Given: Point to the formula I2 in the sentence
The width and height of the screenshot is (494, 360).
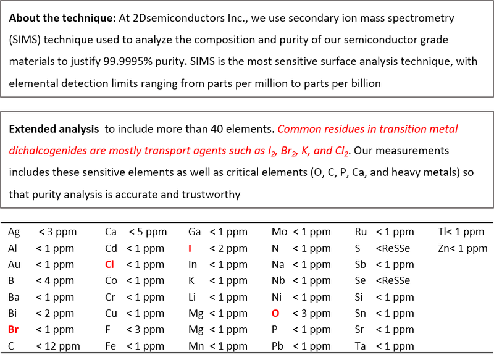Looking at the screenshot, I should coord(272,151).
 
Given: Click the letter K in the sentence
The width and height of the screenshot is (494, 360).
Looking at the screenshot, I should coord(305,151).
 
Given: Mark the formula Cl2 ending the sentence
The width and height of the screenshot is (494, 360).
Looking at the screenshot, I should coord(341,151).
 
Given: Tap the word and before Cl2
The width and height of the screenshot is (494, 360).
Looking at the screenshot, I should coord(323,151).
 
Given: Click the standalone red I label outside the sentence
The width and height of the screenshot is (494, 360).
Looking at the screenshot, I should coord(190,248).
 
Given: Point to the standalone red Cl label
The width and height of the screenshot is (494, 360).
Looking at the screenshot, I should coord(110,264).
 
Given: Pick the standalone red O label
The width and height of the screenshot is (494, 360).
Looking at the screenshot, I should coord(275,313).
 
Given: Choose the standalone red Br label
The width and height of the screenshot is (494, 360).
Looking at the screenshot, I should coord(13,330).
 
